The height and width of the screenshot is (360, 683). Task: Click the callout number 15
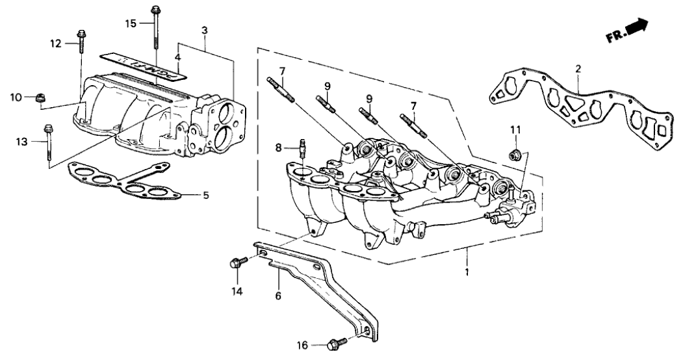(x=131, y=23)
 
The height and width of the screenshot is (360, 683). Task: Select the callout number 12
(x=56, y=44)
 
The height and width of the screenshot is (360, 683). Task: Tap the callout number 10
(x=16, y=97)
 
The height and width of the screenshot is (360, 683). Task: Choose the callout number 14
(x=237, y=292)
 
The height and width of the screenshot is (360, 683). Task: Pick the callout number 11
(x=515, y=131)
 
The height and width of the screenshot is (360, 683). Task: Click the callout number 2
(x=578, y=68)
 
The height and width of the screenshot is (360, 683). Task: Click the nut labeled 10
(x=38, y=98)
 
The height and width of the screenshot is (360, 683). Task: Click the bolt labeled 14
(x=238, y=263)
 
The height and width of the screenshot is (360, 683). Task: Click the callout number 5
(x=206, y=195)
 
